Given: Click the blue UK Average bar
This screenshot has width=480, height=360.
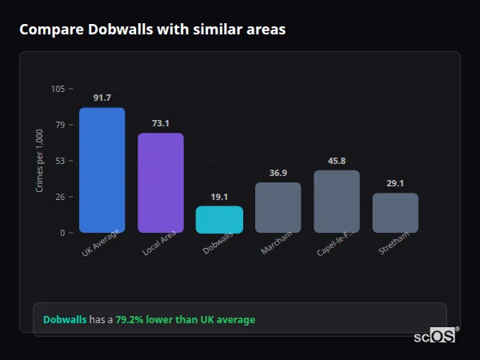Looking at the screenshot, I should [102, 170].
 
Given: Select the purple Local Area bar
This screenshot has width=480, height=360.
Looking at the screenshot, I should [160, 183].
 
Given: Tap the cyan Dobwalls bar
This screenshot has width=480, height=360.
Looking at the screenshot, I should [219, 220].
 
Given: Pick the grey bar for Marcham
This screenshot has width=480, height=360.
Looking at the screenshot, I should [278, 208].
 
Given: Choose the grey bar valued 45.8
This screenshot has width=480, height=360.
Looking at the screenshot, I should [337, 202].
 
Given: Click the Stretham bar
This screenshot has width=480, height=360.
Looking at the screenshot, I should [395, 213].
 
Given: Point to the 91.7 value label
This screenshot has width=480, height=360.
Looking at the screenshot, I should [102, 98].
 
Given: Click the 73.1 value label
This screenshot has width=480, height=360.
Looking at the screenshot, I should [160, 123].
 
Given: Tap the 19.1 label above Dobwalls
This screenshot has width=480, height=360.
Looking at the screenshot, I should [219, 197].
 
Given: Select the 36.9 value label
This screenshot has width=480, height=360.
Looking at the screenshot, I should [278, 173].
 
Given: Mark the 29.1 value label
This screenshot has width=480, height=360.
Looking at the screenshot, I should [395, 183].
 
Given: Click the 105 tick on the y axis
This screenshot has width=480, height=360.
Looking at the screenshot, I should [58, 89].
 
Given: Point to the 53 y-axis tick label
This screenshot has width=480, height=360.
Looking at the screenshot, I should [60, 161].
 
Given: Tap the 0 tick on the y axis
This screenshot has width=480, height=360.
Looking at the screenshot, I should [62, 233].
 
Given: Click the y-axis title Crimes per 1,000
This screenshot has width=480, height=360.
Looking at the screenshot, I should [40, 160].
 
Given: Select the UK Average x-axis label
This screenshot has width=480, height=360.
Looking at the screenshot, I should [101, 244].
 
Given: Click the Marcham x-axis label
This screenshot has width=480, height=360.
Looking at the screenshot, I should [277, 243].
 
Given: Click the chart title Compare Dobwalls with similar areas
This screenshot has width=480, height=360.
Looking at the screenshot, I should [152, 30].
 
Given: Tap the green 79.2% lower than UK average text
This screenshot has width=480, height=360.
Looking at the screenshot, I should [185, 320].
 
